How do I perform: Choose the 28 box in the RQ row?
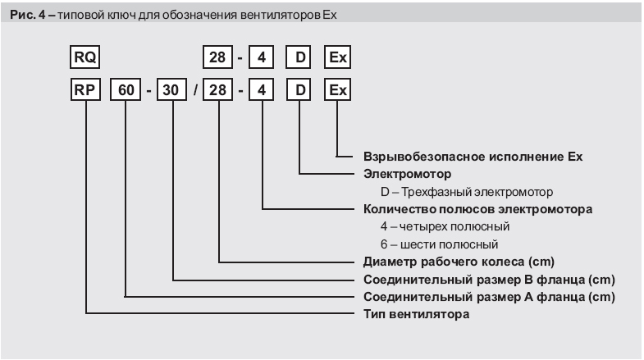coord(219,58)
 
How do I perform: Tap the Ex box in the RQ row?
coord(338,58)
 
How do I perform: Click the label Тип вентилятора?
coord(416,313)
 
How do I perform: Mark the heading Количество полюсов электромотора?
coord(477,208)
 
